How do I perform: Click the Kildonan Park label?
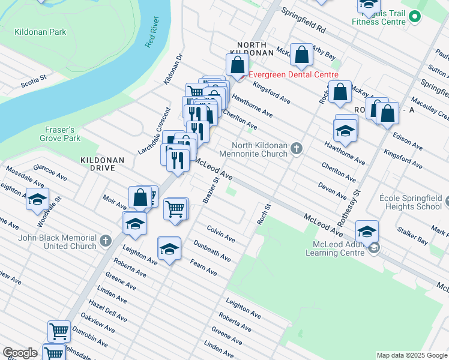pyautogui.click(x=41, y=32)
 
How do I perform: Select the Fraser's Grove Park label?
pyautogui.click(x=62, y=134)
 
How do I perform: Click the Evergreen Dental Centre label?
pyautogui.click(x=294, y=74)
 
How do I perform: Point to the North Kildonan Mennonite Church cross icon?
pyautogui.click(x=297, y=148)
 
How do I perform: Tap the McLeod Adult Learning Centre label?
pyautogui.click(x=339, y=248)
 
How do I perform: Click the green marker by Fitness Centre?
pyautogui.click(x=415, y=19)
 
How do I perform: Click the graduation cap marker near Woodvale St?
pyautogui.click(x=38, y=200)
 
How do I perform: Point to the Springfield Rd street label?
pyautogui.click(x=303, y=24)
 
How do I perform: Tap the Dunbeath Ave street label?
pyautogui.click(x=211, y=250)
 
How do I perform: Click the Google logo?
pyautogui.click(x=20, y=353)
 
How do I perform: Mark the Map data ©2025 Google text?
pyautogui.click(x=411, y=355)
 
